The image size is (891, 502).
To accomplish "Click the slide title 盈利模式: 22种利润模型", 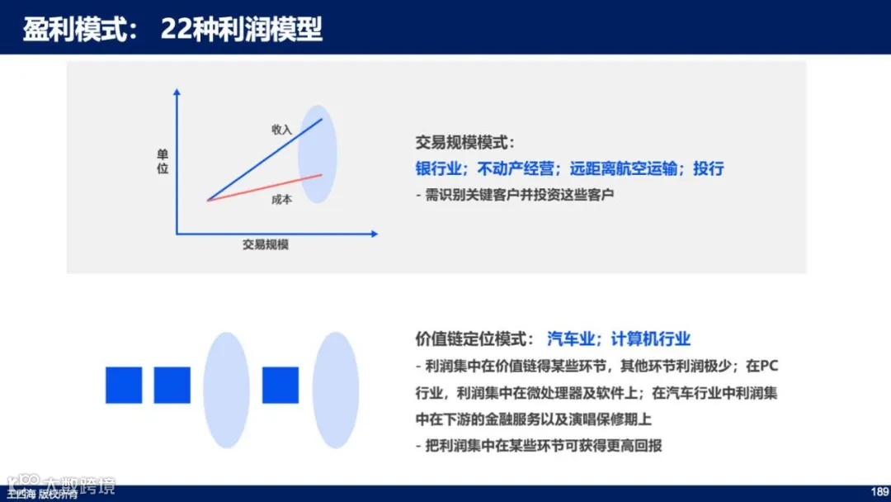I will tap(172, 30).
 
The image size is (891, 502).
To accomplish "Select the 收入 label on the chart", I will tap(282, 130).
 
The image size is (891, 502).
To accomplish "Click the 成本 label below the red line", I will tap(282, 199).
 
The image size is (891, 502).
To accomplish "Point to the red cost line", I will tap(264, 187).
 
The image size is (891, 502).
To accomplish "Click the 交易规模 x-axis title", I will tap(266, 244).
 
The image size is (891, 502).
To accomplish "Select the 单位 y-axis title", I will tap(163, 162).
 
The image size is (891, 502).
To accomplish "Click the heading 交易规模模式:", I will tap(465, 142).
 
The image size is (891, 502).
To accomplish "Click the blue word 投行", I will tap(708, 168).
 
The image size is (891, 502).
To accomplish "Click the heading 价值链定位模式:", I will tap(475, 339).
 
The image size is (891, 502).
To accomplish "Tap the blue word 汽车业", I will tap(570, 339).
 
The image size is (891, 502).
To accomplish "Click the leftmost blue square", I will tap(124, 385).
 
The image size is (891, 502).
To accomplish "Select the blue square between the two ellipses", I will tap(280, 385).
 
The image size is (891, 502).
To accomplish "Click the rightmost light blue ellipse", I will tap(336, 391).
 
